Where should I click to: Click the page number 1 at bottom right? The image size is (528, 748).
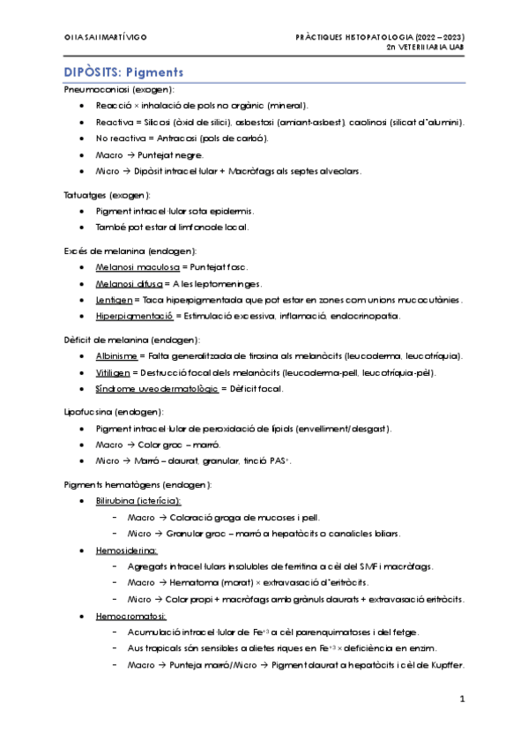(x=461, y=699)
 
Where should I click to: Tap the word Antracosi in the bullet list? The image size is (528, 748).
(x=182, y=138)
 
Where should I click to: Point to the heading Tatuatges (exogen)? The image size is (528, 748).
(x=108, y=194)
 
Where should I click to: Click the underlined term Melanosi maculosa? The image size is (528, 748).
(x=137, y=266)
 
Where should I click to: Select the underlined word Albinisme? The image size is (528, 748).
(x=116, y=355)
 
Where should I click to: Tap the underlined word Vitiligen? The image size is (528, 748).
(x=115, y=372)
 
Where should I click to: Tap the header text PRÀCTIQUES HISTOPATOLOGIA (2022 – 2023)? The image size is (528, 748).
(x=380, y=37)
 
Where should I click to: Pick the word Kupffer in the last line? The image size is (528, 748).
(x=446, y=664)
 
